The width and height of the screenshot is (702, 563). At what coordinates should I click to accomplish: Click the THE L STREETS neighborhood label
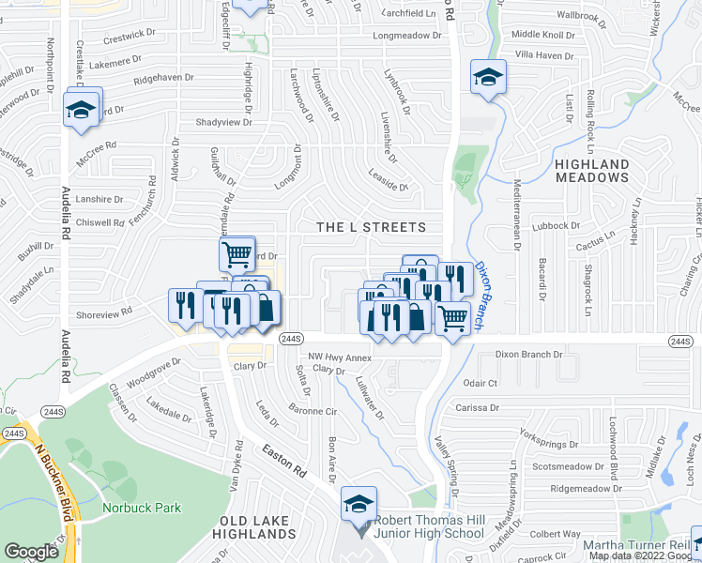point(371,227)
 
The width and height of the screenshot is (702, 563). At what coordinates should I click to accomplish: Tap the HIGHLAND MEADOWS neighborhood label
point(592,170)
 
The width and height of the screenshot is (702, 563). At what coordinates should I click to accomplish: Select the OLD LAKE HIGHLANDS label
point(257,526)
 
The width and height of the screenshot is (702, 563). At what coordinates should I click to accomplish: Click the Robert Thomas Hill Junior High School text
point(430,527)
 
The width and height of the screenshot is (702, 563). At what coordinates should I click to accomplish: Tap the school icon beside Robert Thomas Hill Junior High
point(359,505)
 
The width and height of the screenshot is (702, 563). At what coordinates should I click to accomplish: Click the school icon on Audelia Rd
point(82,109)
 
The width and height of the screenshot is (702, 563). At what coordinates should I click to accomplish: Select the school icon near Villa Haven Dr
point(488,78)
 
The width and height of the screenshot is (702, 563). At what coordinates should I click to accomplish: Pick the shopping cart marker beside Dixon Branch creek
point(453,317)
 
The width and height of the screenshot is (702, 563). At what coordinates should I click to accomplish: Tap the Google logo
point(32,552)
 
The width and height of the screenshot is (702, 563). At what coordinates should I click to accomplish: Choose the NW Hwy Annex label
point(341,357)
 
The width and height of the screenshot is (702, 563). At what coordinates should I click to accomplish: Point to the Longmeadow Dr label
point(406,36)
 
